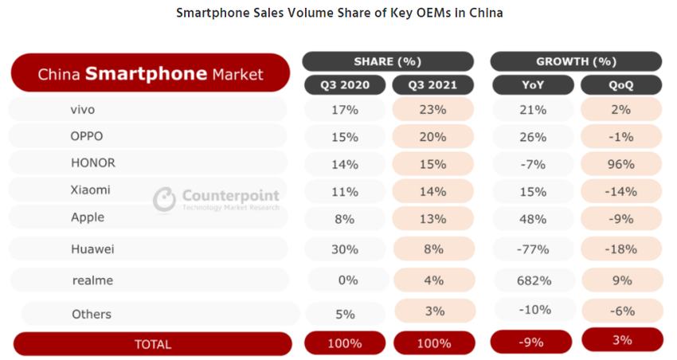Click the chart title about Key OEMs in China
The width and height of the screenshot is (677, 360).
[338, 14]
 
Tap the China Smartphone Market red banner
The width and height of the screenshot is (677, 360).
[150, 74]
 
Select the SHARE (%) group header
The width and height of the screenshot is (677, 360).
[387, 61]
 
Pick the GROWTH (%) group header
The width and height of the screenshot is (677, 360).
[575, 61]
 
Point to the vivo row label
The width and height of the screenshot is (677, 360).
[83, 110]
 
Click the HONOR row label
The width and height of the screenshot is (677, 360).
[92, 163]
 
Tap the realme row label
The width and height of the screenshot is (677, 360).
[92, 280]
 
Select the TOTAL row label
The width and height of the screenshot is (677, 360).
[152, 344]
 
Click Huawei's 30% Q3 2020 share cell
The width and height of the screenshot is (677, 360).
[344, 249]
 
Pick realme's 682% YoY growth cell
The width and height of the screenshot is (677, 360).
[532, 280]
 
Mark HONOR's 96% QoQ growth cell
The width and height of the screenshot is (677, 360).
[622, 164]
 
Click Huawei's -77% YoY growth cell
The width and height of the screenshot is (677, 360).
[532, 249]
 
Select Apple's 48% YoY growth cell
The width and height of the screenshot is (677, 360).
[532, 217]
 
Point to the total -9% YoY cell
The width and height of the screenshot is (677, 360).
[532, 342]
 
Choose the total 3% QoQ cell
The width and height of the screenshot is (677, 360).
[622, 339]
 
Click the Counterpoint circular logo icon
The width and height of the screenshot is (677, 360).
[164, 198]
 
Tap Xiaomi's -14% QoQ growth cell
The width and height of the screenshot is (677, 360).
[622, 191]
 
